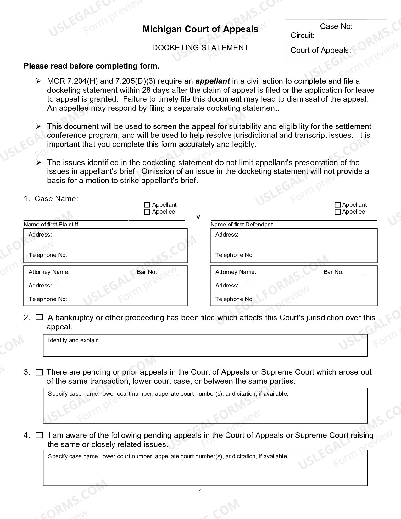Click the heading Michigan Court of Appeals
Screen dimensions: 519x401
200,29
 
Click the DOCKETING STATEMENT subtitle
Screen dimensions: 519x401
200,48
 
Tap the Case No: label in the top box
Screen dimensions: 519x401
336,26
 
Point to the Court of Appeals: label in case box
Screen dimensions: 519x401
320,50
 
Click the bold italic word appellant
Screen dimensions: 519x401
213,81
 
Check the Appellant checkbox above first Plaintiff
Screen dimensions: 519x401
147,205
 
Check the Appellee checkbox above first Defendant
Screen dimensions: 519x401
337,212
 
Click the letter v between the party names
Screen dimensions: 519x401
198,217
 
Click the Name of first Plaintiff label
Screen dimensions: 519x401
51,225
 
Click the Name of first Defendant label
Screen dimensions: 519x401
242,225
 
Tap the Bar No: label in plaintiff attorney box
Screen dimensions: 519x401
147,272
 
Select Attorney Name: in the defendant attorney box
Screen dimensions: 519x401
236,272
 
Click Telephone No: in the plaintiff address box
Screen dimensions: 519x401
48,255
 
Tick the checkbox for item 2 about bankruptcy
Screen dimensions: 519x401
39,317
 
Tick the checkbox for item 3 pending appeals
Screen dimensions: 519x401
39,372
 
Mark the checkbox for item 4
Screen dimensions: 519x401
39,435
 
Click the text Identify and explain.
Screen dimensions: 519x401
74,340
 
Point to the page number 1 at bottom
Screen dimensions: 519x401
201,492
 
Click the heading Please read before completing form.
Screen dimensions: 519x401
92,66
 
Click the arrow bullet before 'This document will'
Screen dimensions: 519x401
38,126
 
